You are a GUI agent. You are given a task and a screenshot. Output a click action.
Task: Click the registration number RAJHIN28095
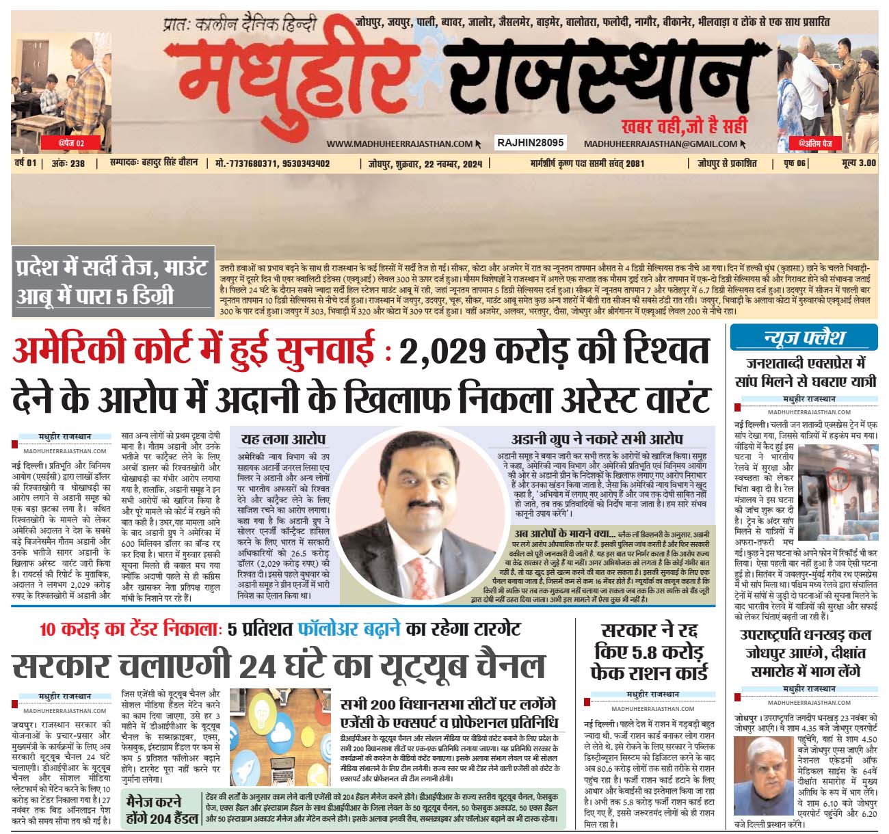coord(531,143)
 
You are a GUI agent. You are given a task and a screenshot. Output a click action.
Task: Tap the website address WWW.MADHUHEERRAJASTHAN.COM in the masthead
coord(399,144)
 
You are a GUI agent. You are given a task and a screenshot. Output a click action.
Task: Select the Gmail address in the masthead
coord(660,144)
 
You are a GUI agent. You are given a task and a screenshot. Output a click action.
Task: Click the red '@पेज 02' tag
coord(71,143)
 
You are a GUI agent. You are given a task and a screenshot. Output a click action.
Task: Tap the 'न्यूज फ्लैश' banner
coord(804,338)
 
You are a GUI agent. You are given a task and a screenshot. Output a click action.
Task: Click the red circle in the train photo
coord(835,481)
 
